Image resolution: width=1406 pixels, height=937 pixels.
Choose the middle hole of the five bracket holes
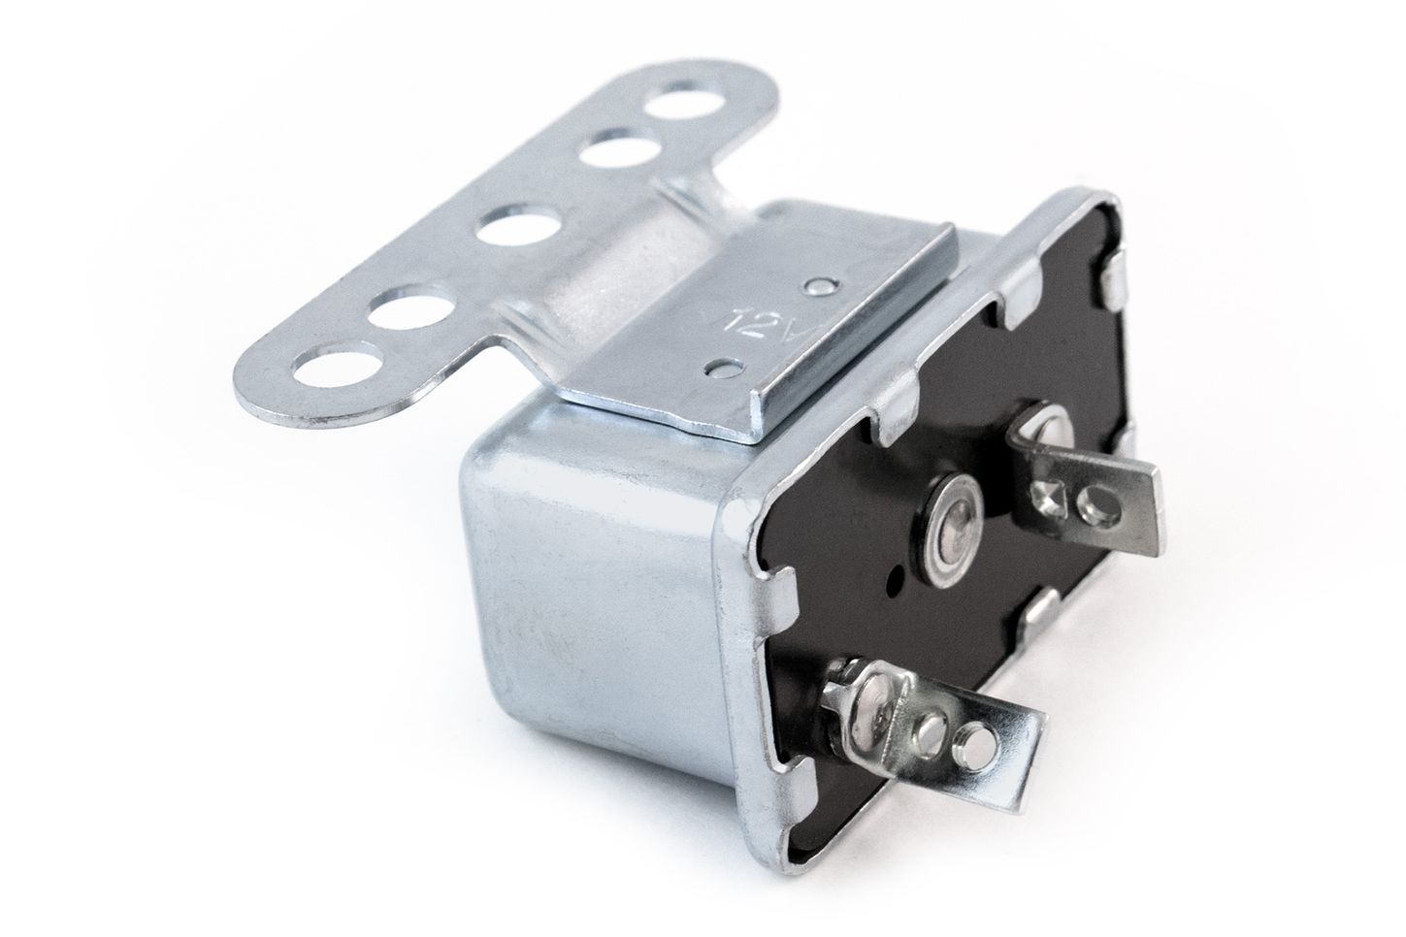coord(516,229)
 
